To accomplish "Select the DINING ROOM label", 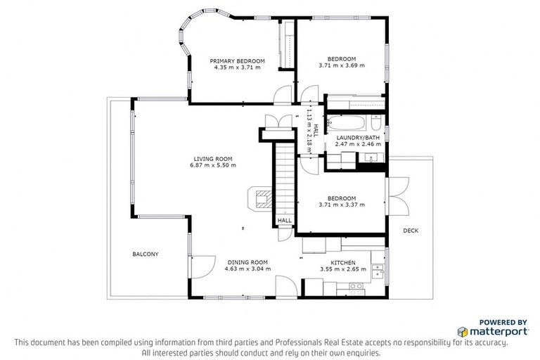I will point(247,262).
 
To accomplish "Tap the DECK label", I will point(411,231).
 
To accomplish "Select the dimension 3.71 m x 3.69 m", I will point(342,65).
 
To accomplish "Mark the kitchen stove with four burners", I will point(356,286).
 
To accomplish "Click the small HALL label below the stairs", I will point(284,220).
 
